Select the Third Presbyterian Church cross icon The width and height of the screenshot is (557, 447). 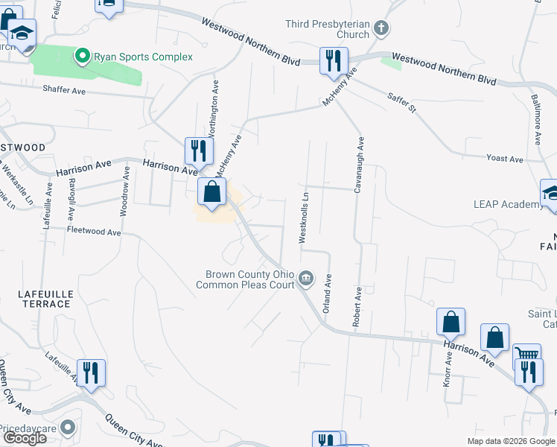381,29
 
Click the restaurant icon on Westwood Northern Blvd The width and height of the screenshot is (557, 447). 332,60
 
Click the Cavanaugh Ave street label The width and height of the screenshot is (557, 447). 359,165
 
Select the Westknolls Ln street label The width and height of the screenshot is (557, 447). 303,216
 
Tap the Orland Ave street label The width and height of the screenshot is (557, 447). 325,292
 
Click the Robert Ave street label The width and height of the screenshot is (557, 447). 357,305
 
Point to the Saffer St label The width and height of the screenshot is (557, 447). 401,102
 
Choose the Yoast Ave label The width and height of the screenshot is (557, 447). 504,159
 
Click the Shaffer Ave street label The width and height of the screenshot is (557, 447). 65,91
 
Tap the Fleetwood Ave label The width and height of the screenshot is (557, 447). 94,232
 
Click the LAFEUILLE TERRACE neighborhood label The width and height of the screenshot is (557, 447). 45,299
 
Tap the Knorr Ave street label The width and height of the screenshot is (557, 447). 448,369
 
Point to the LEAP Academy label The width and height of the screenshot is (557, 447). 509,205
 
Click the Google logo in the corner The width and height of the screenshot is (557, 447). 25,437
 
